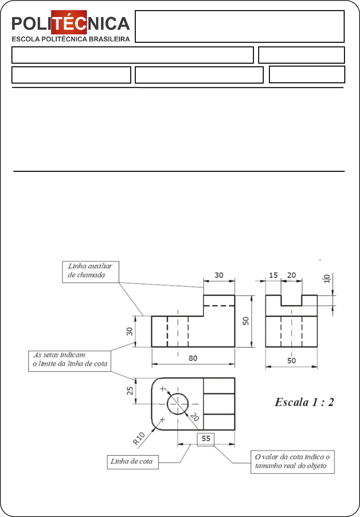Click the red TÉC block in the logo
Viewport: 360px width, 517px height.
coord(69,23)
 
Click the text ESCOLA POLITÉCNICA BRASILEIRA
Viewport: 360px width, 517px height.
coord(70,39)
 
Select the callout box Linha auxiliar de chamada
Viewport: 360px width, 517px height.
coord(90,272)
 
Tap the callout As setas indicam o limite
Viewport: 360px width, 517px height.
coord(70,361)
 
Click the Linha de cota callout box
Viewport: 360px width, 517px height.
coord(133,462)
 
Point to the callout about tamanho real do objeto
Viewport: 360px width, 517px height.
coord(292,462)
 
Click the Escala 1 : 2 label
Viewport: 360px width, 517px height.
coord(304,402)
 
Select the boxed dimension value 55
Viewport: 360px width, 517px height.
coord(206,439)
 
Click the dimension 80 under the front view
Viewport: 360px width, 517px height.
coord(193,358)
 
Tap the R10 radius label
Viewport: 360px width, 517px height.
coord(139,438)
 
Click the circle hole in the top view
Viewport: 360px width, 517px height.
coord(178,404)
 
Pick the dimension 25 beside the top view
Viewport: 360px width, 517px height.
coord(130,391)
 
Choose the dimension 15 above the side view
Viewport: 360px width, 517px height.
coord(273,275)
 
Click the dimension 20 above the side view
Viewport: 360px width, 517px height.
coord(291,275)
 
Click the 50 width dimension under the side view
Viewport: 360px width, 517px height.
coord(291,361)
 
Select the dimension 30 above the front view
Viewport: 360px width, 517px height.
coord(219,275)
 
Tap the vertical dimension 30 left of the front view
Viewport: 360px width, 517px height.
coord(130,331)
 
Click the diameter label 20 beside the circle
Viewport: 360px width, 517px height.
coord(195,417)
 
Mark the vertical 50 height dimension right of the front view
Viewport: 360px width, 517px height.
coord(246,321)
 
